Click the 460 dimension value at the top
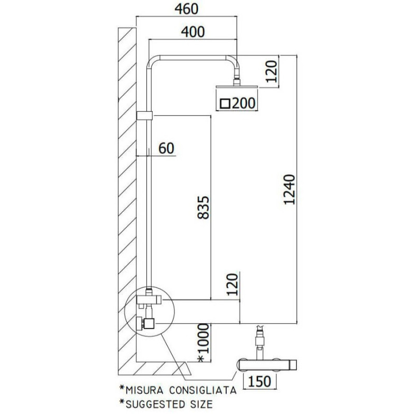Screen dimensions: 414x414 [186, 9]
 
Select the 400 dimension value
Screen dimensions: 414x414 [193, 32]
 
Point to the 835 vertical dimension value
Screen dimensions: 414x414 [203, 208]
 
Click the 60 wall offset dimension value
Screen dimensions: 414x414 [166, 148]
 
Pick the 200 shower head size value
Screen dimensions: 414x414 [244, 103]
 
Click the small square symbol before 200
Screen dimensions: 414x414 [226, 103]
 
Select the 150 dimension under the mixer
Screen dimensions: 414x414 [260, 381]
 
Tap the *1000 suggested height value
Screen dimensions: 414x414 [203, 342]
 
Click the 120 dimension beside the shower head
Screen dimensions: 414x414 [272, 71]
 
